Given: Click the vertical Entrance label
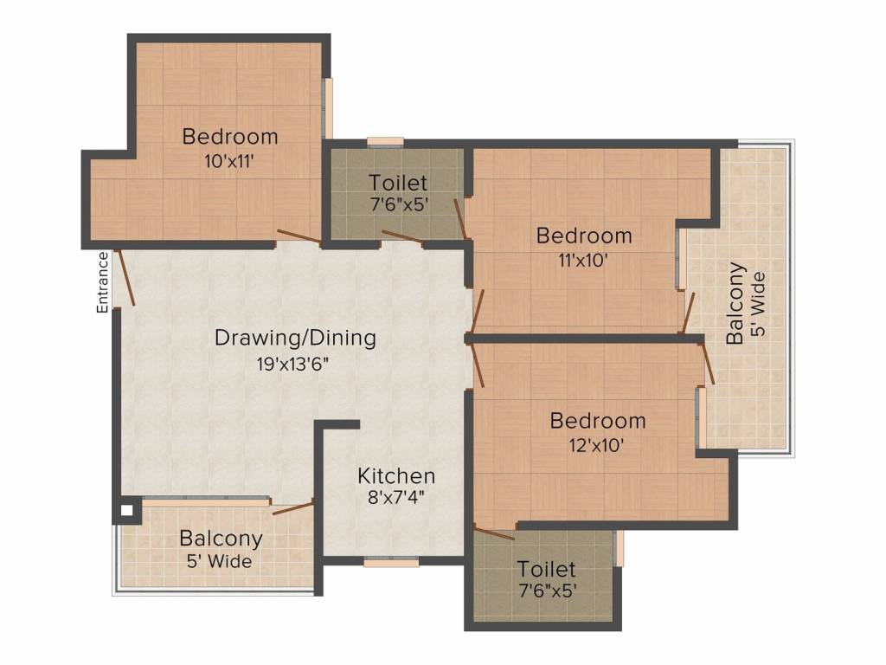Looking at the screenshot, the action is tap(102, 283).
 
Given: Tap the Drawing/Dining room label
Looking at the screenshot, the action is tap(296, 339).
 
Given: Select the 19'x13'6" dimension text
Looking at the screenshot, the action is tap(292, 364).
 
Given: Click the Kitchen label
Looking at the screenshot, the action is tap(396, 476).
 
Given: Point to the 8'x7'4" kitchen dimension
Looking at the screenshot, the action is tap(396, 498).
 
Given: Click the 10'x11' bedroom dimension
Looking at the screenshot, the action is tap(228, 162).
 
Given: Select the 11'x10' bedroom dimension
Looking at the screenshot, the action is tap(583, 261).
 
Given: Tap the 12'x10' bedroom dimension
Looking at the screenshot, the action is tap(597, 446).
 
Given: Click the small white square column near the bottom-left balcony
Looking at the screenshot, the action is tap(127, 511).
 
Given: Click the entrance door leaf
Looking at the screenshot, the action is tap(125, 278).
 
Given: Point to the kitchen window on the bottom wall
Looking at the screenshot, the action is tap(391, 561).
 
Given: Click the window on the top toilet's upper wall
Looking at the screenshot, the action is tap(385, 142).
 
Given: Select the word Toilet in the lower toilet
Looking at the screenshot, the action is tap(547, 569).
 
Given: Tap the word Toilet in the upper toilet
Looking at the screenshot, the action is tap(398, 183).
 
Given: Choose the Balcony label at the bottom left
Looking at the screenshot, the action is tap(221, 539).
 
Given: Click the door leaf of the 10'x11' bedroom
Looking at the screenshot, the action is tap(299, 237).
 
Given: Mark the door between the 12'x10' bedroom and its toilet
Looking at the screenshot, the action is tap(494, 533).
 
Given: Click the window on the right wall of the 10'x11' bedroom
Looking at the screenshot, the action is tap(327, 107).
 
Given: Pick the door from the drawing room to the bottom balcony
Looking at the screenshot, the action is tap(293, 507).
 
